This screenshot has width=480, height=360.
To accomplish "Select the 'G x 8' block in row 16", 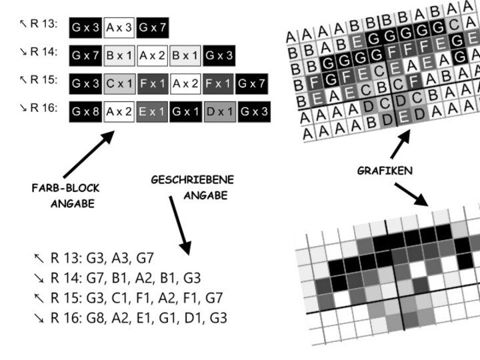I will (85, 111).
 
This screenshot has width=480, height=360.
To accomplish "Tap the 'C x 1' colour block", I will (120, 83).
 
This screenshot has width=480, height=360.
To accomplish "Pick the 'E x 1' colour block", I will (153, 111).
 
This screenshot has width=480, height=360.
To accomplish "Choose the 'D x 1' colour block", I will (220, 111).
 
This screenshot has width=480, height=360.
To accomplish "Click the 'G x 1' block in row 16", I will (186, 111).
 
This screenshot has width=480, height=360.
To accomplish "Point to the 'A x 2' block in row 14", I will (153, 55).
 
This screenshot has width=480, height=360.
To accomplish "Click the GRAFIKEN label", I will (385, 171).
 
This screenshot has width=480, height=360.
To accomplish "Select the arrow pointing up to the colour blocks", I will (87, 155).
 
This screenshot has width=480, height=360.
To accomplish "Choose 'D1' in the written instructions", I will (195, 317).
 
